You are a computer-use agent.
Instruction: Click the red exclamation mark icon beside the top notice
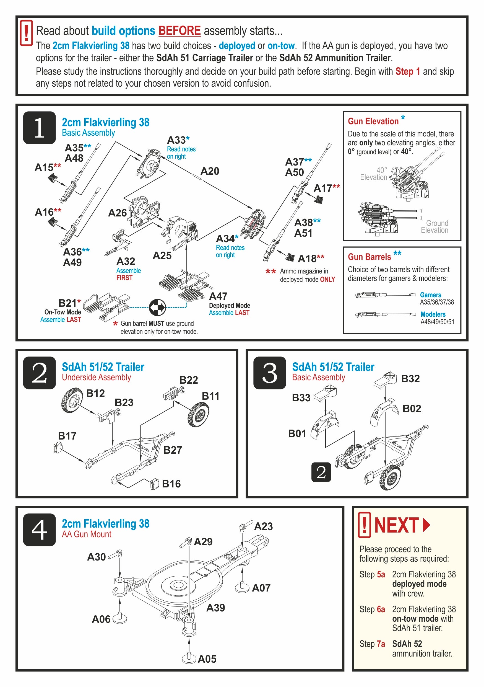[x=26, y=33]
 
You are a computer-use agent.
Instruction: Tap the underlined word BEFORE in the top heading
[x=179, y=31]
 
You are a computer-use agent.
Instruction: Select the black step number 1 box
[x=39, y=128]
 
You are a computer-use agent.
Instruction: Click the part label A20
[x=210, y=171]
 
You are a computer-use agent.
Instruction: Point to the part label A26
[x=118, y=213]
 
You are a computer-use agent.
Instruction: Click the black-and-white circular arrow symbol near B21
[x=157, y=307]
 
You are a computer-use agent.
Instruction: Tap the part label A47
[x=218, y=296]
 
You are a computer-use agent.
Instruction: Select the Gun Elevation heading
[x=373, y=121]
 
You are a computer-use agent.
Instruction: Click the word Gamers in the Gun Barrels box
[x=431, y=295]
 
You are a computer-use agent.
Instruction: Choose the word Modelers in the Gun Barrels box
[x=433, y=314]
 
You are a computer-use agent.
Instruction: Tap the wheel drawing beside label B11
[x=198, y=414]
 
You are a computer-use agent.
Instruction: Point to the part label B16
[x=171, y=484]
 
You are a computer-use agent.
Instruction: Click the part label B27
[x=173, y=450]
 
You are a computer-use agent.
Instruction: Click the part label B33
[x=301, y=398]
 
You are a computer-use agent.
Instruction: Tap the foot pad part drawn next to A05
[x=189, y=658]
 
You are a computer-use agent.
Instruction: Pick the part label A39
[x=215, y=608]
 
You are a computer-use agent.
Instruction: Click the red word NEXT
[x=396, y=525]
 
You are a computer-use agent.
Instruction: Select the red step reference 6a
[x=381, y=609]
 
